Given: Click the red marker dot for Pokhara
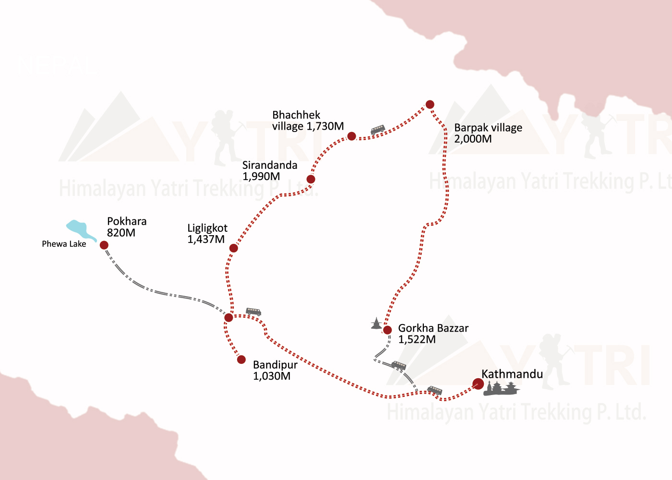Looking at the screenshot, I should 104,245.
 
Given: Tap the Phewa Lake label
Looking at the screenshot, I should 64,244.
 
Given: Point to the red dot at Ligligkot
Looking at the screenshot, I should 233,248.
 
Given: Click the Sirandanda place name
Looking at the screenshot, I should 270,165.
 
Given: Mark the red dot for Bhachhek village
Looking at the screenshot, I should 351,136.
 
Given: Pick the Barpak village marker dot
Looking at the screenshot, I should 430,105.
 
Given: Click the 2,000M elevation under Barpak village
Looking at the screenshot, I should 473,139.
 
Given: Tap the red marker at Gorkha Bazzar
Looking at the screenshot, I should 387,330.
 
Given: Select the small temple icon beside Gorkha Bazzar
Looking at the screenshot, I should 376,324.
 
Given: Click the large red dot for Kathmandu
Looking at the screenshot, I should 478,384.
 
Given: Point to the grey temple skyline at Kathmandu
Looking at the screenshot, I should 502,388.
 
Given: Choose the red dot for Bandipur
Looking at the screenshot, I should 241,360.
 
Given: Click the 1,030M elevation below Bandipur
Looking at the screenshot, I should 272,376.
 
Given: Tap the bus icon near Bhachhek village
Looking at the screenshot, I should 378,130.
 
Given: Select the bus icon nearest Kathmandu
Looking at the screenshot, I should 435,390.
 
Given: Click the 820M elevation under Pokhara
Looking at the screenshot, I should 121,233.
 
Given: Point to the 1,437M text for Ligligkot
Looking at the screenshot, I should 206,240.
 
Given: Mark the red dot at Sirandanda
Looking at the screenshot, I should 311,180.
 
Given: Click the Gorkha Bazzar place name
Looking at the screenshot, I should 433,328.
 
